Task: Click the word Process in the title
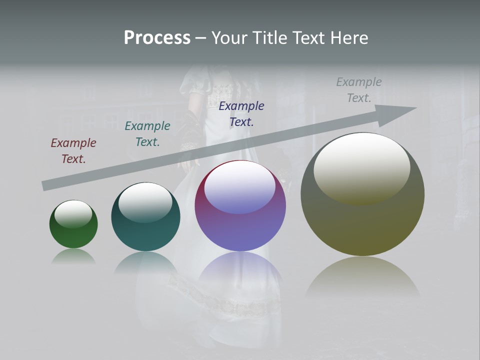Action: (157, 38)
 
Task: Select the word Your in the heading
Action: (230, 38)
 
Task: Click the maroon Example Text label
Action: (73, 151)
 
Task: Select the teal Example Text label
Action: (147, 134)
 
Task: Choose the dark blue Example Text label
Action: (241, 113)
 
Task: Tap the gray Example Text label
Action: (359, 89)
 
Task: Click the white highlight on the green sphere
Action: (73, 214)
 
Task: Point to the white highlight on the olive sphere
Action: (361, 167)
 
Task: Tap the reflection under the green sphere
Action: (73, 257)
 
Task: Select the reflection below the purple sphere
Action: (240, 270)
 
